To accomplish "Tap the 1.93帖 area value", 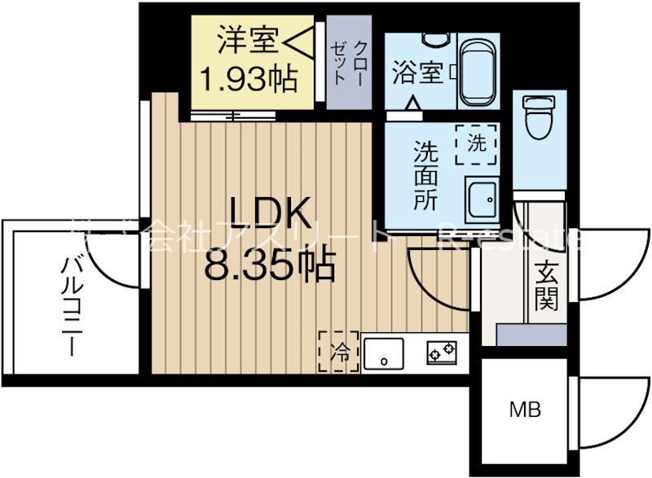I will click(248, 79).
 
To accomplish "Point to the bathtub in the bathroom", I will click(480, 69).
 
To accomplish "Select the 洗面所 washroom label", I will click(425, 175).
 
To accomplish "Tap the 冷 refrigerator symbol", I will click(337, 352).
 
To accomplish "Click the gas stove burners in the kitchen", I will click(441, 353).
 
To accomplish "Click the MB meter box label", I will click(526, 410).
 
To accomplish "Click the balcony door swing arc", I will click(111, 265).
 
